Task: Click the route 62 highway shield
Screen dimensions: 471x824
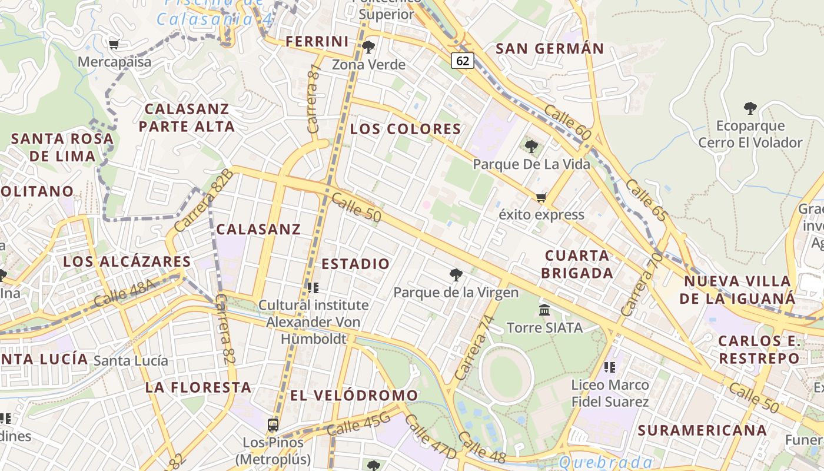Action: pos(463,60)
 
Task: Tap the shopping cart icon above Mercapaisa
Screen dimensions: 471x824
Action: pos(114,44)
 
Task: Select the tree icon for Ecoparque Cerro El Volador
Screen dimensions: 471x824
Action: pos(750,108)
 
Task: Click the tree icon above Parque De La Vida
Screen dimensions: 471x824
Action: pos(531,147)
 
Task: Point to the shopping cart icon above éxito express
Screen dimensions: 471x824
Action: pos(541,198)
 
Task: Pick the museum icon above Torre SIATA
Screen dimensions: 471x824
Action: pos(544,310)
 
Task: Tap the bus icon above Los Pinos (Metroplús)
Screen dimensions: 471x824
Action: pos(273,424)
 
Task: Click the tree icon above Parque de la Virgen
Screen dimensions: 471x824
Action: pos(456,274)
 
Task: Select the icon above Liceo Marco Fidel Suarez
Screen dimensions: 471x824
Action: pos(610,367)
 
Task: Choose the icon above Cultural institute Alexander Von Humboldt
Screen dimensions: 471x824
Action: pos(313,288)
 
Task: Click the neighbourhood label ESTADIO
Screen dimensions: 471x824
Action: pos(355,264)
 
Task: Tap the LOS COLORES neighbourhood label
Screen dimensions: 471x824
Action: pos(406,129)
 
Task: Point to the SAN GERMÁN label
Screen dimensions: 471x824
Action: pos(550,48)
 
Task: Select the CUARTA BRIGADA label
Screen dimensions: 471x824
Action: pos(577,264)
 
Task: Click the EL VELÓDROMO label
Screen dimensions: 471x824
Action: pos(354,395)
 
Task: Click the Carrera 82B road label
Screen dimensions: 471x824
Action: pos(204,200)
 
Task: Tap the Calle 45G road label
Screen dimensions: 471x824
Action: pos(358,424)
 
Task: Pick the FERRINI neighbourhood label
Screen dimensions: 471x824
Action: pos(317,41)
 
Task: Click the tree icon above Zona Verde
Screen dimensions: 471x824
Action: pos(368,47)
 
